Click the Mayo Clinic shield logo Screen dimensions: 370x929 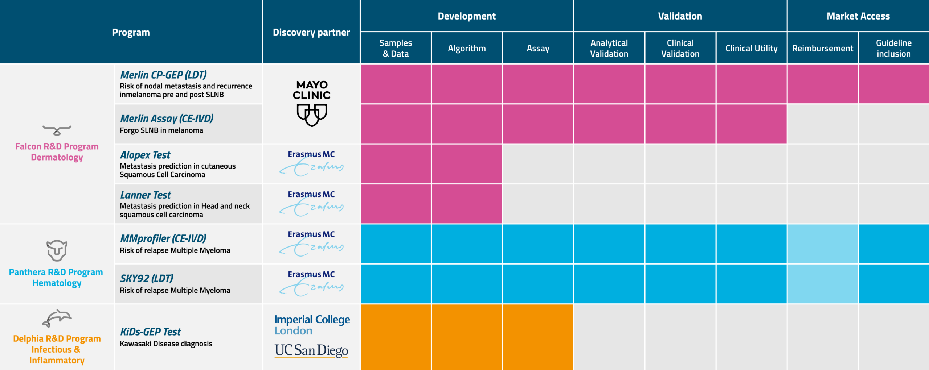pyautogui.click(x=312, y=115)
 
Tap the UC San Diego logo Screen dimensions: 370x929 pyautogui.click(x=311, y=350)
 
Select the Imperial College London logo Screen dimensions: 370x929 pyautogui.click(x=312, y=325)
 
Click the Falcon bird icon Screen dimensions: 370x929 pyautogui.click(x=57, y=130)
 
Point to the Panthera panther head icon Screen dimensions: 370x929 pyautogui.click(x=57, y=250)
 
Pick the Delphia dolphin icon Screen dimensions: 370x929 pyautogui.click(x=57, y=318)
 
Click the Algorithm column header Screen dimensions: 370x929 pyautogui.click(x=467, y=48)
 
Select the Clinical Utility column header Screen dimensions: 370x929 pyautogui.click(x=751, y=48)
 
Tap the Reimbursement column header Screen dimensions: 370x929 pyautogui.click(x=822, y=48)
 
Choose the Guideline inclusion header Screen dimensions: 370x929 pyautogui.click(x=893, y=48)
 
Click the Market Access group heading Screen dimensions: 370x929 pyautogui.click(x=858, y=16)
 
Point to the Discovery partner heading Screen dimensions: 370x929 pyautogui.click(x=311, y=32)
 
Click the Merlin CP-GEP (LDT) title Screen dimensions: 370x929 pyautogui.click(x=163, y=75)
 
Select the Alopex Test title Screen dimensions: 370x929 pyautogui.click(x=145, y=155)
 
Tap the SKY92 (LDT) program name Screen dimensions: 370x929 pyautogui.click(x=147, y=278)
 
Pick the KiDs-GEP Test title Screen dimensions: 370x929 pyautogui.click(x=151, y=332)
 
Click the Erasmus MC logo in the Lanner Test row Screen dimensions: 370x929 pyautogui.click(x=311, y=204)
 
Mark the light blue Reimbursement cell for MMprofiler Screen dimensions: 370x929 pyautogui.click(x=822, y=244)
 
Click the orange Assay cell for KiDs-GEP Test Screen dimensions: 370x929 pyautogui.click(x=538, y=337)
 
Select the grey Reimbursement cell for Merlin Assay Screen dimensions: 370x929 pyautogui.click(x=822, y=124)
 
